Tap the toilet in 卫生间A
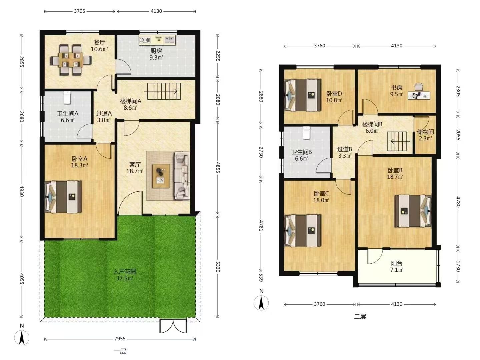pos(67,97)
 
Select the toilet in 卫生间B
pos(307,133)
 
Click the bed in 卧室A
pos(63,197)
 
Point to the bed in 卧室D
pos(303,95)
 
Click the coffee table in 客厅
pos(161,176)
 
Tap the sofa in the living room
pos(182,176)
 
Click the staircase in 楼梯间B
pos(397,141)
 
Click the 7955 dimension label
pos(120,339)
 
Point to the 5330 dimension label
pos(217,267)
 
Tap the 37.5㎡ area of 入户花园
pos(125,278)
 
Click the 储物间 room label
pos(425,132)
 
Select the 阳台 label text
pos(397,263)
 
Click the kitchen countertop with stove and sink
pos(157,40)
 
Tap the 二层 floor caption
pos(360,316)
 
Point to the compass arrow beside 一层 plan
pos(22,338)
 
